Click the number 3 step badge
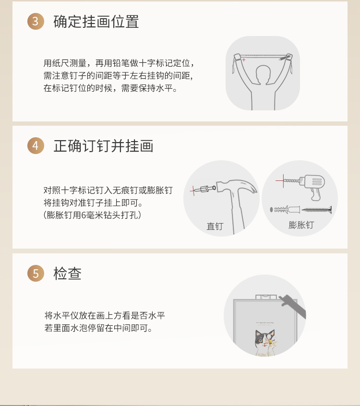(36, 21)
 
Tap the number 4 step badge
(36, 145)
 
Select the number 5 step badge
(36, 273)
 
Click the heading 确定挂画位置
(96, 22)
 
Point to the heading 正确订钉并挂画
(103, 146)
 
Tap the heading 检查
(67, 274)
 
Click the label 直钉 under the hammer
(215, 227)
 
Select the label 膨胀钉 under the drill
(301, 225)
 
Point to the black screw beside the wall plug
(317, 209)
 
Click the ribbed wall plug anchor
(285, 209)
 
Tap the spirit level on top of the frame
(266, 297)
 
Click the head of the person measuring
(263, 74)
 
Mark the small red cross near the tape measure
(244, 60)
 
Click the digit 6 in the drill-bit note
(84, 215)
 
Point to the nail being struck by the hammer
(204, 189)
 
